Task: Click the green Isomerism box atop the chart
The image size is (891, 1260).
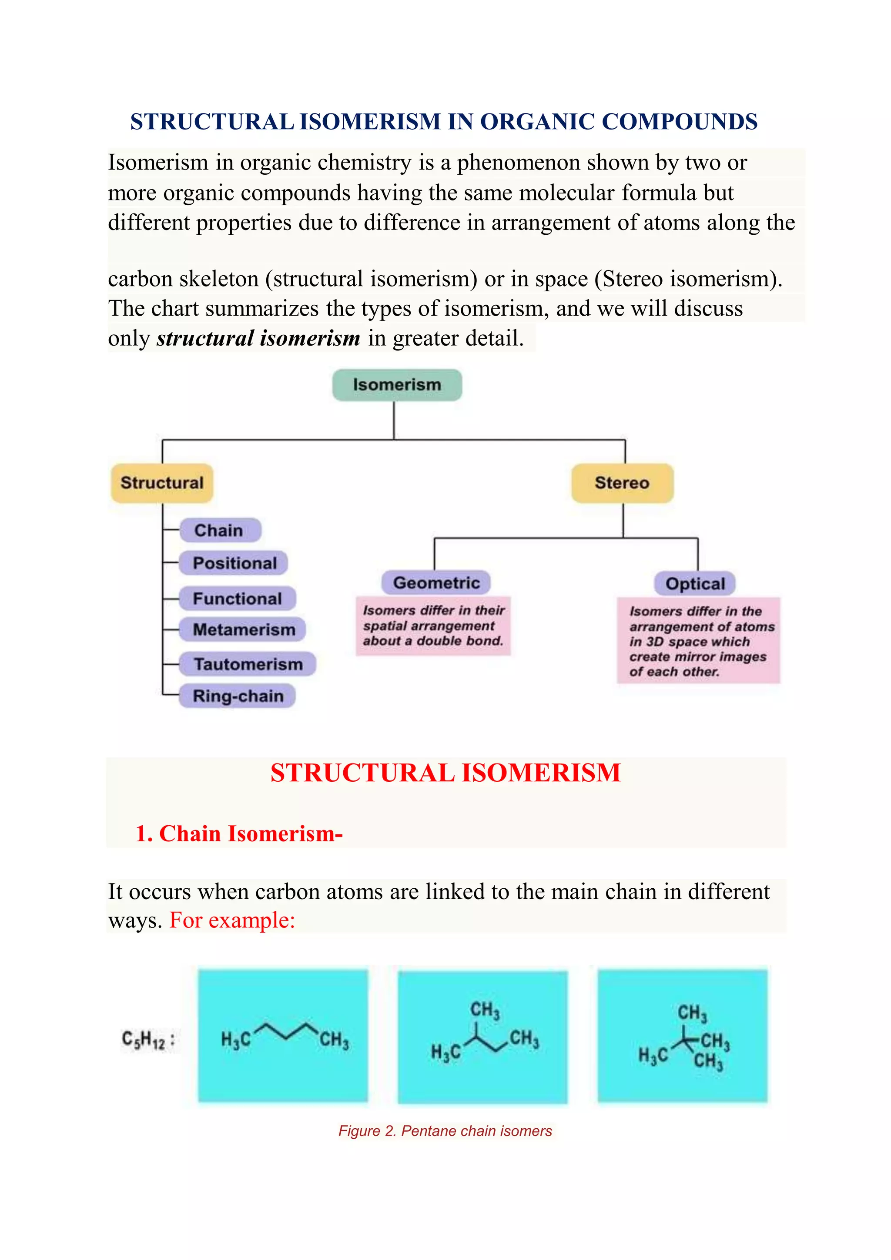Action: [x=397, y=385]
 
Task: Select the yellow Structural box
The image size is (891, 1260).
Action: [x=162, y=483]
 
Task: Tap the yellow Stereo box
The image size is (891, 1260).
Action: [x=622, y=483]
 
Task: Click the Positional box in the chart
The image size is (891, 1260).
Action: [x=234, y=563]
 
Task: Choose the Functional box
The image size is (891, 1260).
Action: [x=237, y=598]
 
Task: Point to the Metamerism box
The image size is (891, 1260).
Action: [x=243, y=630]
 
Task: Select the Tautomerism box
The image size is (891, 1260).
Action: [x=248, y=664]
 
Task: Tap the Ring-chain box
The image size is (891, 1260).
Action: [x=238, y=696]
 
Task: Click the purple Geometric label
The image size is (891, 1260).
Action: [x=436, y=583]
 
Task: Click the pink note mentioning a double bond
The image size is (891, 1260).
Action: [x=433, y=626]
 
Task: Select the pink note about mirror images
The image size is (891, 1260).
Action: [x=698, y=640]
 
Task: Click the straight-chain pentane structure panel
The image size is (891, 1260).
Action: [x=283, y=1036]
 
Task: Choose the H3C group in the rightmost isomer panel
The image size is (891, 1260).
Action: [x=653, y=1055]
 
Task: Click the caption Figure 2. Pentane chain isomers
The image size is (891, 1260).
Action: [x=445, y=1131]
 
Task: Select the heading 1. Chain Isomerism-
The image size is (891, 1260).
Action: [x=239, y=833]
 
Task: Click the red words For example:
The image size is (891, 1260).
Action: [x=232, y=920]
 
